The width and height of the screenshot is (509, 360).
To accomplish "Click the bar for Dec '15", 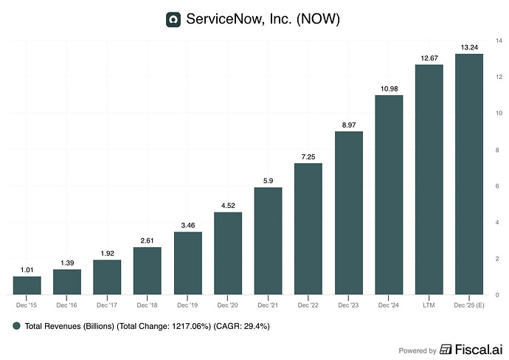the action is [x=27, y=285].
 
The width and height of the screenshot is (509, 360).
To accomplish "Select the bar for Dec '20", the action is [x=228, y=253].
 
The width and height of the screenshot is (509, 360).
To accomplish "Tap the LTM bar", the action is [x=429, y=179].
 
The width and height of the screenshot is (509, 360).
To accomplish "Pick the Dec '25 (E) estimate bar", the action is [x=469, y=174].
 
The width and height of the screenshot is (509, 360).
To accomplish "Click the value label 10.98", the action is [x=389, y=89].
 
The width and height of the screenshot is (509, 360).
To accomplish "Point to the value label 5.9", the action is [x=268, y=181].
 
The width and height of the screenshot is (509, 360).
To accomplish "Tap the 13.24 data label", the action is [x=469, y=47].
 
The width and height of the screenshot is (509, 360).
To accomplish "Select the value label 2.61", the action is [x=147, y=240].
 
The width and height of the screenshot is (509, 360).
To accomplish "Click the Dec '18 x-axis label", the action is [x=147, y=305].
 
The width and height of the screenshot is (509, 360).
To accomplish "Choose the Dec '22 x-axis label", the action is [x=308, y=305].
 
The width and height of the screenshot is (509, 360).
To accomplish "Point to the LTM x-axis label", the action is [x=429, y=305].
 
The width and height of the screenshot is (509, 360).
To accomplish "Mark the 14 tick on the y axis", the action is [x=499, y=41].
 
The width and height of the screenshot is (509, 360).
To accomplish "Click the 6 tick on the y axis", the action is [x=497, y=186].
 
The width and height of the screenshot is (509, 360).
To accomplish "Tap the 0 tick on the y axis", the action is [x=497, y=295].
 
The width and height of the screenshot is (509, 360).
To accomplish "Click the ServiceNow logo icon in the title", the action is [x=173, y=19].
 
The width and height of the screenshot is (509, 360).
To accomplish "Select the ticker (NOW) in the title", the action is [x=318, y=19].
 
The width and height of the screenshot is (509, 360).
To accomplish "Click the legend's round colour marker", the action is [x=16, y=326].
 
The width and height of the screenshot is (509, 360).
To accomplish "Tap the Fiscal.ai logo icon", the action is [x=446, y=350].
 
